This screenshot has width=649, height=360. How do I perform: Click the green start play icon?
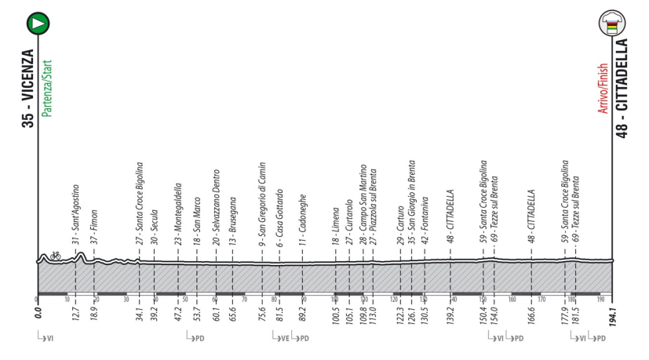pyautogui.click(x=36, y=24)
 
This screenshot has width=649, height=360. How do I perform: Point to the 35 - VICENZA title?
pyautogui.click(x=28, y=87)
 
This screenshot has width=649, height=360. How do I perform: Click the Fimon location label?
pyautogui.click(x=93, y=224)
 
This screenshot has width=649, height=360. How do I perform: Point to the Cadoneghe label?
pyautogui.click(x=302, y=220)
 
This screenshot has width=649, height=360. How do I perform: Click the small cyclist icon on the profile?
pyautogui.click(x=55, y=255)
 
